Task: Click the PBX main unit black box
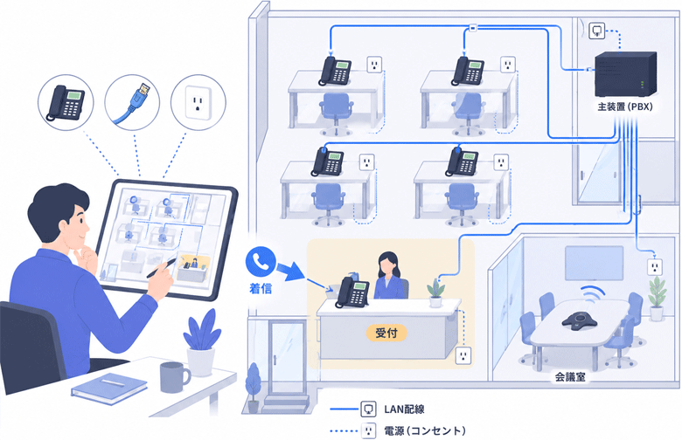coord(625,74)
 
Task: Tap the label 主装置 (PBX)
coord(625,107)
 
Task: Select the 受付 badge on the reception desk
coord(386,333)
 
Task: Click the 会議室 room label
coord(570,377)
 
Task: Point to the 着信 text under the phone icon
coord(261,288)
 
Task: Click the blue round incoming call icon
coord(261,262)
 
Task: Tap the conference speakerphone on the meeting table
coord(579,320)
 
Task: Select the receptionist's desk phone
coord(352,292)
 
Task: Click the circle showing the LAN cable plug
coord(132,102)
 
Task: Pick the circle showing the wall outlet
coord(198,102)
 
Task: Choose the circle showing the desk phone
coord(66,102)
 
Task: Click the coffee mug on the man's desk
coord(174,377)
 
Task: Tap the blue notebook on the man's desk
coord(109,388)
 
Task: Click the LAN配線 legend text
coord(404,409)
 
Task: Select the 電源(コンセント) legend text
coord(425,431)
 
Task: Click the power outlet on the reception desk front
coord(463,355)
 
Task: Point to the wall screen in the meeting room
coord(595,263)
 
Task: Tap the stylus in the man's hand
coord(162,267)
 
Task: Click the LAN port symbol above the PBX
coord(596,31)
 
